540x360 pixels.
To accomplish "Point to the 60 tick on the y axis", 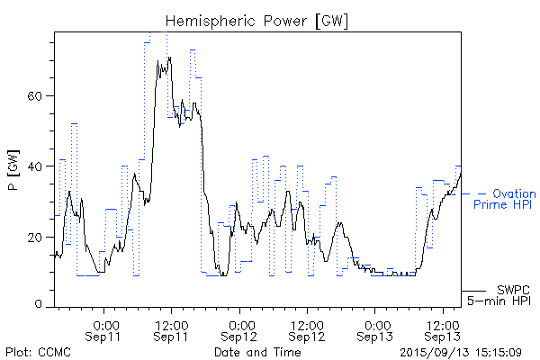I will click(40, 96).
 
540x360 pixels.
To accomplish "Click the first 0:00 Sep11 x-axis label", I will click(104, 329).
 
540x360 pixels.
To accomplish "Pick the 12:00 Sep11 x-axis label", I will click(171, 329).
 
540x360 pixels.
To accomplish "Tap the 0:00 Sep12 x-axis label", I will click(240, 329).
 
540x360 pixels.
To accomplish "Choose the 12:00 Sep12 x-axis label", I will click(307, 329).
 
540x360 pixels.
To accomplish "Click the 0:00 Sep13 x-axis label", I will click(376, 329).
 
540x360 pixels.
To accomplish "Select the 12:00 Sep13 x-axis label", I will click(443, 329).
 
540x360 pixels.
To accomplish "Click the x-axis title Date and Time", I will click(257, 352).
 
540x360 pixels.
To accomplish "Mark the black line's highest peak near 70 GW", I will click(169, 58).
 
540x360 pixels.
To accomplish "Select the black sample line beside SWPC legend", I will click(473, 291).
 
